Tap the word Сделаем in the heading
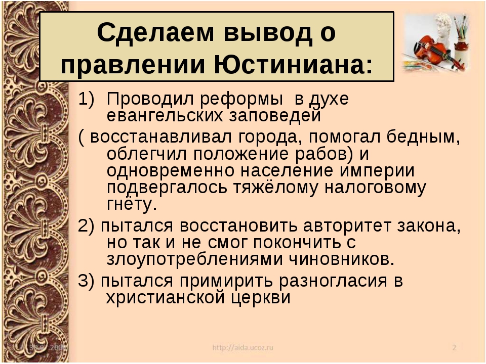(155, 32)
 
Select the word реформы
(241, 100)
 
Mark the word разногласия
(333, 281)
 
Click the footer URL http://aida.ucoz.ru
(242, 347)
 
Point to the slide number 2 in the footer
(454, 347)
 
